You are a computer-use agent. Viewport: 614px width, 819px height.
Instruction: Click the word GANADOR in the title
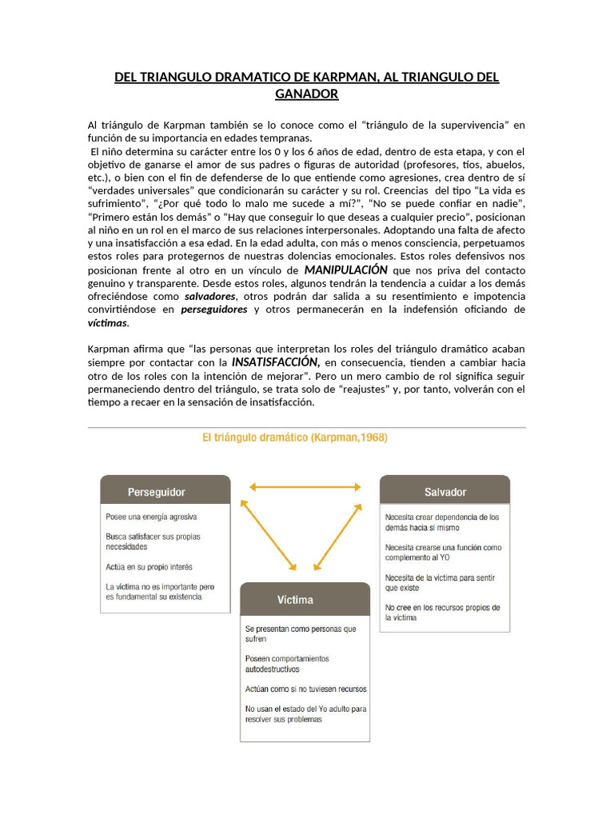coord(306,94)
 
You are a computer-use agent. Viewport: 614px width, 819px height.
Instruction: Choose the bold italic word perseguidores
coord(213,310)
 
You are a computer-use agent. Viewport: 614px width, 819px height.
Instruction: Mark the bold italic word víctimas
coord(107,323)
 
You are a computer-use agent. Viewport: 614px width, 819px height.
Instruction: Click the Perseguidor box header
coord(165,491)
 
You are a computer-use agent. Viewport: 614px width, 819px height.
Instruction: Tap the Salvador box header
coord(445,491)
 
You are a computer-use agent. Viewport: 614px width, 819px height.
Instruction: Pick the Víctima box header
coord(305,599)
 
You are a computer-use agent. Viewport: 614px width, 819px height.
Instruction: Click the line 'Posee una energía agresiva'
coord(151,517)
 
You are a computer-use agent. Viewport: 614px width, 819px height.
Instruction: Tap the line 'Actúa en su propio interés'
coord(150,567)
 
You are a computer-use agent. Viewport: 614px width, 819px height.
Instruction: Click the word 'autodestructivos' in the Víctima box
coord(272,669)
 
